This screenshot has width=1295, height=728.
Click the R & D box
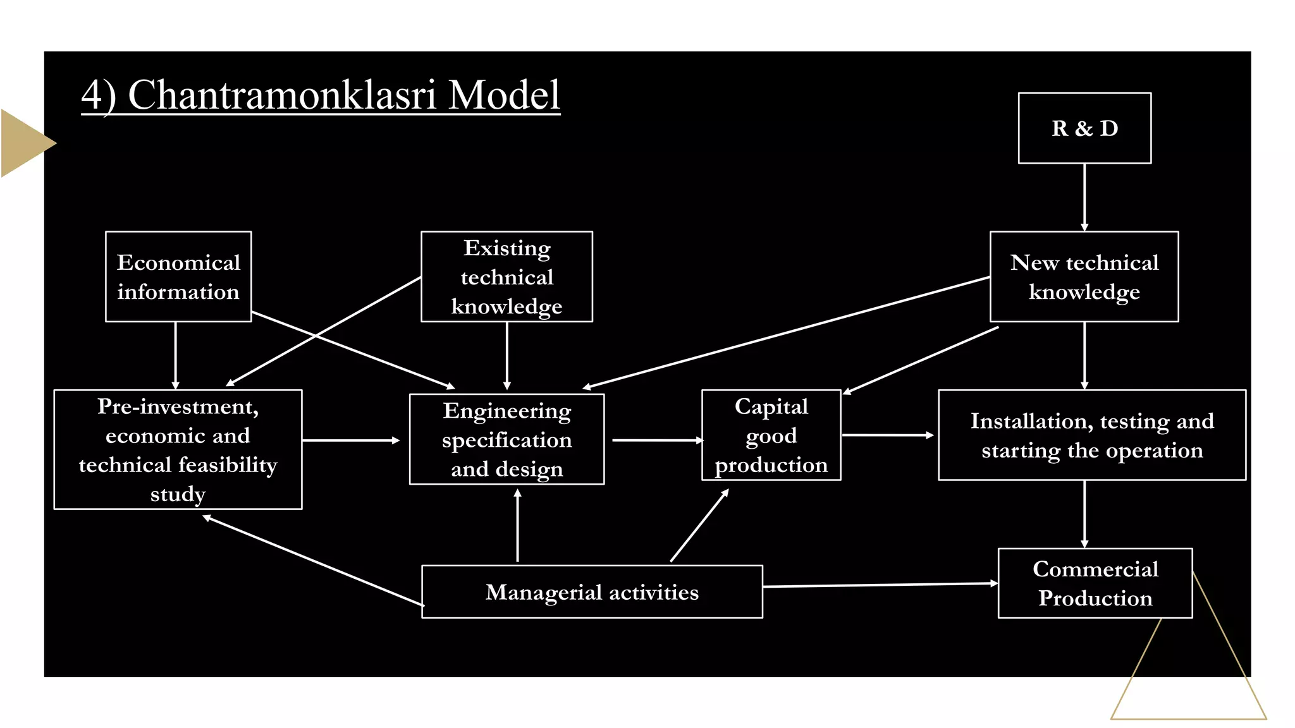(x=1084, y=128)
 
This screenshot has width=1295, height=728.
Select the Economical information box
(x=178, y=277)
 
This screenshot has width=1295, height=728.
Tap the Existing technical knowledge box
(x=506, y=277)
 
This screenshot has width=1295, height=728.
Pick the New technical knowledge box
(x=1084, y=277)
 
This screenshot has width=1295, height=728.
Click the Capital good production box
(x=771, y=435)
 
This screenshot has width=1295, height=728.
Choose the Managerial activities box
(x=592, y=592)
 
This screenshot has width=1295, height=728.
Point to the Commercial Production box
(x=1095, y=583)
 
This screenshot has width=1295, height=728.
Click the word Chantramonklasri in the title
(x=282, y=95)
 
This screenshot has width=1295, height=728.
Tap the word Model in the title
(x=504, y=95)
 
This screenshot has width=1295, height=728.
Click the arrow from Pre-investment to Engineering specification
(x=352, y=440)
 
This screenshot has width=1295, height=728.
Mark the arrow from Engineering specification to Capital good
(x=656, y=440)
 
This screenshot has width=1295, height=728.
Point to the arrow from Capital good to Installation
(x=888, y=435)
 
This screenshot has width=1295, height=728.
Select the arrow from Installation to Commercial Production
(x=1084, y=514)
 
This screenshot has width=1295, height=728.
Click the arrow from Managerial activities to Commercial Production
(x=879, y=585)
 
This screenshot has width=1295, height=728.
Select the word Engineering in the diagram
(x=506, y=411)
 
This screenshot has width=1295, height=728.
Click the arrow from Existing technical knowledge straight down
(x=507, y=356)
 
